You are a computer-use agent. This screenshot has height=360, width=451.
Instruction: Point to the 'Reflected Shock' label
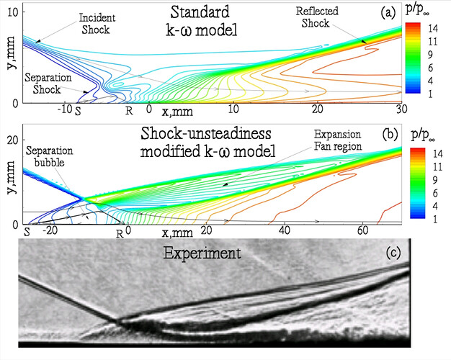[x=319, y=19]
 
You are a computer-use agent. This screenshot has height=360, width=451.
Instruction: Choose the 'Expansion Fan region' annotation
[x=338, y=140]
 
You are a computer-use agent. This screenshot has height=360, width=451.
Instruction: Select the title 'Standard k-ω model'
[x=188, y=22]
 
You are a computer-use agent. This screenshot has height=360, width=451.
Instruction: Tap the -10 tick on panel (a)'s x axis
[x=66, y=109]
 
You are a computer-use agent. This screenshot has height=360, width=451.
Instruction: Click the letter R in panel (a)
[x=129, y=111]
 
